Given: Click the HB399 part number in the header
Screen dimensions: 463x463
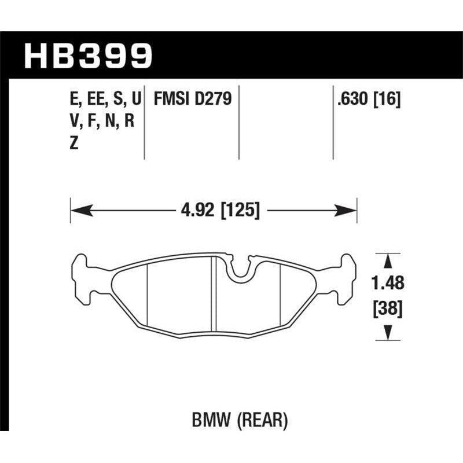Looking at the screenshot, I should point(87,57).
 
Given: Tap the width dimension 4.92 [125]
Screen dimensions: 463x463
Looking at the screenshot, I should point(214,210).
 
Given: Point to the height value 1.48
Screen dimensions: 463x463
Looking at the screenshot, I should point(384,284).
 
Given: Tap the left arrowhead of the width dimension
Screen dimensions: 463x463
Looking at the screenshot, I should point(76,210).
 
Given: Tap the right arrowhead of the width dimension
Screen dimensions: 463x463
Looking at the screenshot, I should point(351,210).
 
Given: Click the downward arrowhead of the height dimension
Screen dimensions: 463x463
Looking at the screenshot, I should point(384,332).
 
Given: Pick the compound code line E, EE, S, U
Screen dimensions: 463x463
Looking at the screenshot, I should point(105,100).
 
